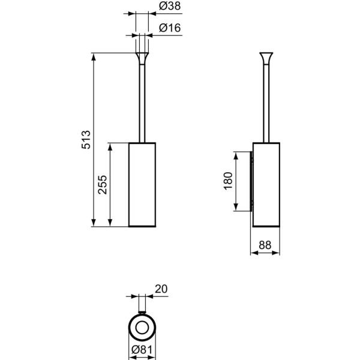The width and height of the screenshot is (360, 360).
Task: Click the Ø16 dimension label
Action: click(167, 28)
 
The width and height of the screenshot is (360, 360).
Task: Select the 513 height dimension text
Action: click(86, 140)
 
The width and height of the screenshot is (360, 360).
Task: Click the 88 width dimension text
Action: click(264, 244)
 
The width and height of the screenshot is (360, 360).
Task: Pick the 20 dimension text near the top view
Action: click(161, 289)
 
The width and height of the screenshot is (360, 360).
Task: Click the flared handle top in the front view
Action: click(143, 58)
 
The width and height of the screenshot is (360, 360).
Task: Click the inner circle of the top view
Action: click(143, 327)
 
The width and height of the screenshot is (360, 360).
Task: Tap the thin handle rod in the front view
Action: click(143, 102)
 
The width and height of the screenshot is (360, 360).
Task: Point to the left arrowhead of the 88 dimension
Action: click(252, 253)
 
